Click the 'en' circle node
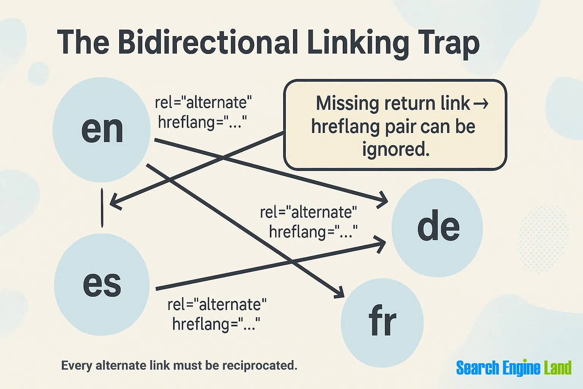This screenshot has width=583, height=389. coord(101,130)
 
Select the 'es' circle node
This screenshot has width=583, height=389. coord(102,284)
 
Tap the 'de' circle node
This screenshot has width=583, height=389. coord(437,228)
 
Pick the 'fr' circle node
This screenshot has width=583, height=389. coord(382,323)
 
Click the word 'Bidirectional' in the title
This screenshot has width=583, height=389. coord(208,42)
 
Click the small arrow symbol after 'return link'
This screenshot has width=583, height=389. coord(481,104)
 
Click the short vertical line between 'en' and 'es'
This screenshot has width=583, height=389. coord(102,208)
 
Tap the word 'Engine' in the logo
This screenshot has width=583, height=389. coord(521,367)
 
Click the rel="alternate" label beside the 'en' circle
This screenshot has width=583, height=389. coord(203,103)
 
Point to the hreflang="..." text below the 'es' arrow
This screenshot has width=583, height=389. coord(216,324)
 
